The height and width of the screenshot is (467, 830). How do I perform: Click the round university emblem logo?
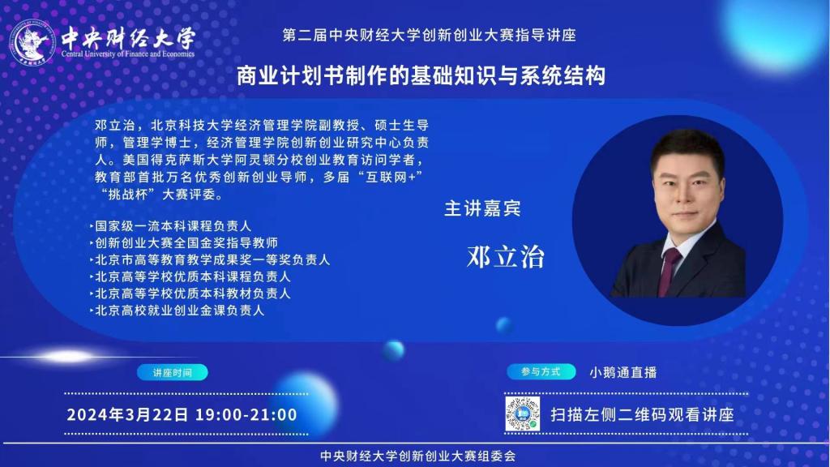click(32, 41)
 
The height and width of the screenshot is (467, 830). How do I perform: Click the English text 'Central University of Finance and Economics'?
click(127, 54)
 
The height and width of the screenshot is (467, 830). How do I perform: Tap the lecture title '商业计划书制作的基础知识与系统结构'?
click(421, 75)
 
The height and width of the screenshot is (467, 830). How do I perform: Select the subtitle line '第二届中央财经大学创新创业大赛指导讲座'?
click(429, 35)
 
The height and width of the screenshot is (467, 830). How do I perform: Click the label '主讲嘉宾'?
click(482, 208)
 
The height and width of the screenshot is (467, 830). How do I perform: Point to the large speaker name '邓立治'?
click(506, 257)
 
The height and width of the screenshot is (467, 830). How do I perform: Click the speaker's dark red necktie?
click(668, 270)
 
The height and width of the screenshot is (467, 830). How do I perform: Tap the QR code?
click(523, 414)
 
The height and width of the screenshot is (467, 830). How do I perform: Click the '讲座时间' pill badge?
click(173, 372)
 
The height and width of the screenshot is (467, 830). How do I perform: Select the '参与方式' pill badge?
click(541, 371)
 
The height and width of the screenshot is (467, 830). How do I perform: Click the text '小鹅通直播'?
click(623, 372)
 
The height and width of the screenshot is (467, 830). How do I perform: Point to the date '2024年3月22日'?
click(127, 414)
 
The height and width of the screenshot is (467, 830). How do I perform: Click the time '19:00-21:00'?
click(246, 414)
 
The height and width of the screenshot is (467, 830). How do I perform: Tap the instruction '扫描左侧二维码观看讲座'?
click(642, 414)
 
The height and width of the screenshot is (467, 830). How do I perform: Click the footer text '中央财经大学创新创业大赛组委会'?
click(417, 456)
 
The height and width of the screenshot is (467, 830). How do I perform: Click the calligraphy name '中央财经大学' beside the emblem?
click(128, 37)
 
